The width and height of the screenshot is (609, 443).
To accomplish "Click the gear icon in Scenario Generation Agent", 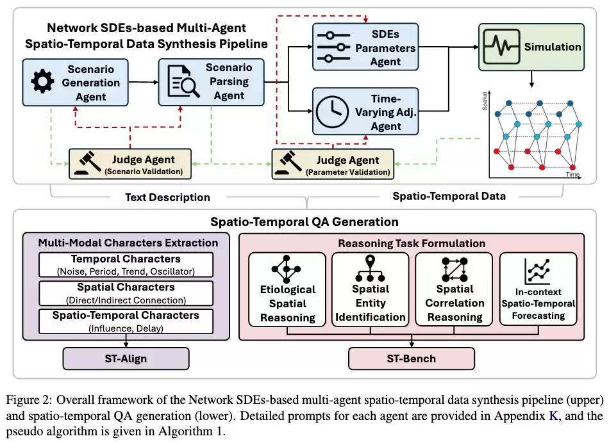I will click(42, 82).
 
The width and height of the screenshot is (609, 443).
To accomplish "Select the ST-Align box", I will click(125, 358).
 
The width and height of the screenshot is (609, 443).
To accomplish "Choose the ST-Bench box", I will click(411, 358).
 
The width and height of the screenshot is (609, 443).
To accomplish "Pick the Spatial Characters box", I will click(125, 293).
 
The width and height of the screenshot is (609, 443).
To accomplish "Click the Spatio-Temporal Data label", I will click(449, 196).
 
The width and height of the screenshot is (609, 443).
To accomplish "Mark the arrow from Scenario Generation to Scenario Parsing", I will click(140, 82).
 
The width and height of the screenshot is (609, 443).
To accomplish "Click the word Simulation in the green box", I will click(553, 47).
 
